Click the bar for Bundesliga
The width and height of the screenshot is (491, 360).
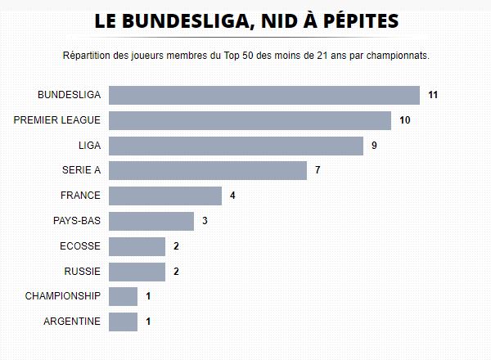click(264, 95)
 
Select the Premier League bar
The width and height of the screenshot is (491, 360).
click(250, 120)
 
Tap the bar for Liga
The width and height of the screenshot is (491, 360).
click(236, 146)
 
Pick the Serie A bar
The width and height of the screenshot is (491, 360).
click(208, 171)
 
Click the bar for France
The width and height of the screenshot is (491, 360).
click(165, 196)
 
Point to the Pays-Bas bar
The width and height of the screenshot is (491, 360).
click(151, 222)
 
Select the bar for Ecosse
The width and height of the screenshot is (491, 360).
click(137, 246)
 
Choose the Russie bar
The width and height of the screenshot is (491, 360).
click(137, 272)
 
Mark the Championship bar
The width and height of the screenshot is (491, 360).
click(123, 296)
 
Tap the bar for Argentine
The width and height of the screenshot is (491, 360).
click(123, 322)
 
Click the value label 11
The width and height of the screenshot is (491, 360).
click(434, 96)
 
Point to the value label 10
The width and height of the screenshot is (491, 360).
click(405, 121)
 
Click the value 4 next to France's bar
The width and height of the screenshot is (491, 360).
click(232, 196)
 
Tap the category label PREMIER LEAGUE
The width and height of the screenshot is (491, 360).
click(57, 120)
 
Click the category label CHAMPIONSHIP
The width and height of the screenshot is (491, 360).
click(63, 296)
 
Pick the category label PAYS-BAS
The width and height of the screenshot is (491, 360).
click(76, 222)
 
